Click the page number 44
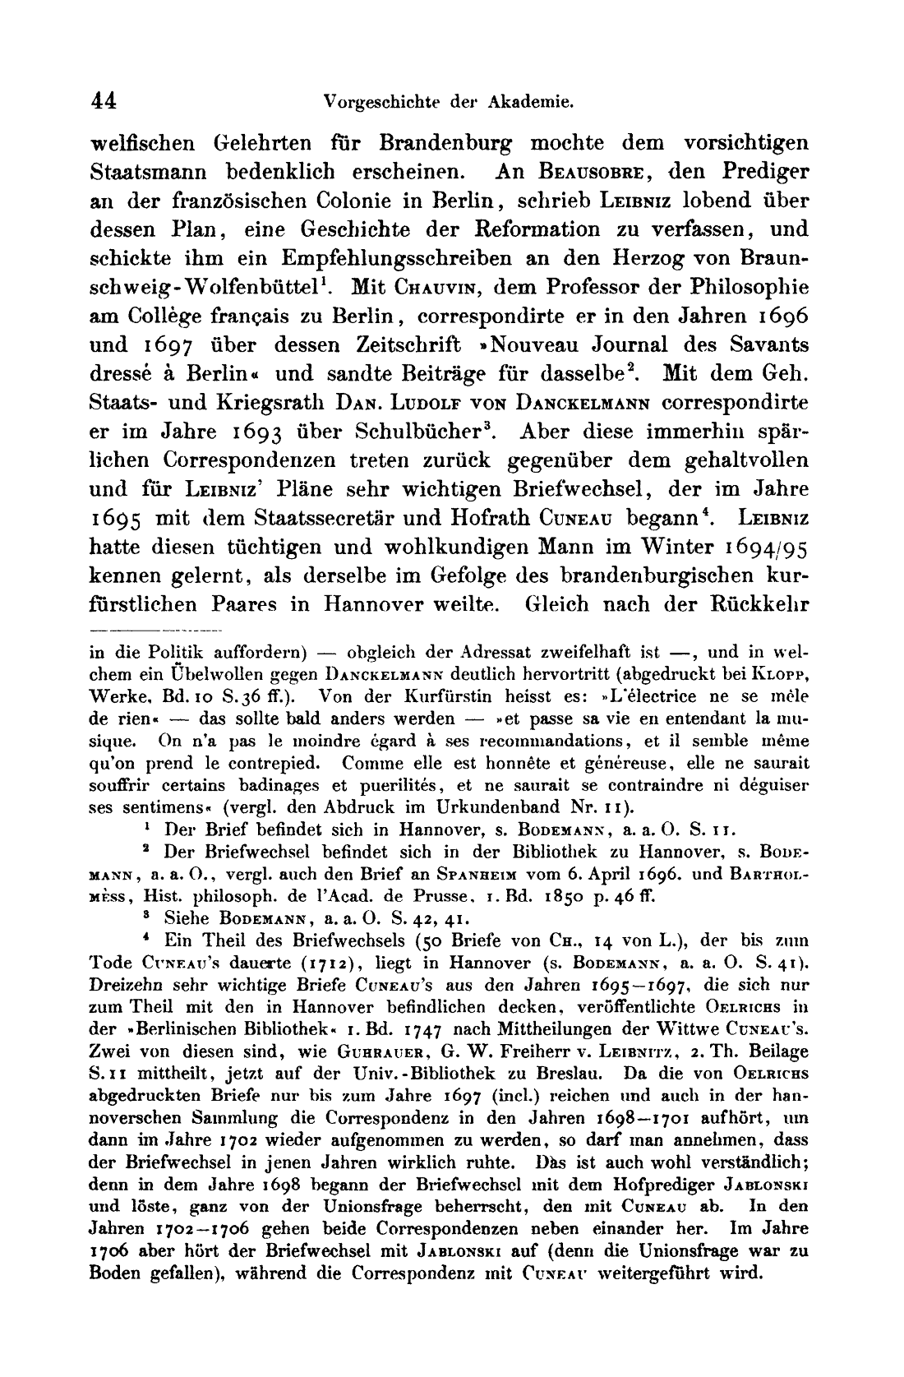point(104,101)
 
